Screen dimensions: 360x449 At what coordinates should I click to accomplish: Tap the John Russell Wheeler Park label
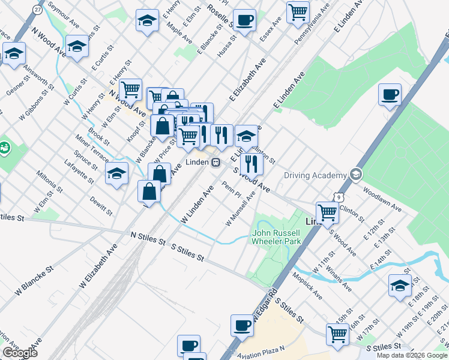click(x=276, y=236)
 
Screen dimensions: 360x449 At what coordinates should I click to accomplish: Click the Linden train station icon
click(x=214, y=162)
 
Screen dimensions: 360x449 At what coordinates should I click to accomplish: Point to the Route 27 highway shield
click(x=38, y=10)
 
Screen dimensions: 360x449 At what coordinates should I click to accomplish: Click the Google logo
click(x=20, y=353)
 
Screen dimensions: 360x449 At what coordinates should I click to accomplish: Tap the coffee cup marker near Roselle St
click(x=244, y=20)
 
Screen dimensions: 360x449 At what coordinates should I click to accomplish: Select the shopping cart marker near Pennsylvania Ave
click(x=298, y=12)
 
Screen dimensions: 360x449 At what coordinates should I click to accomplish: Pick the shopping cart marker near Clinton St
click(x=327, y=212)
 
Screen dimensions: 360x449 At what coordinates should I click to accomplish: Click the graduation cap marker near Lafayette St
click(x=117, y=174)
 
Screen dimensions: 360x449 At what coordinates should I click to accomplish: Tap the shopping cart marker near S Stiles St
click(x=338, y=335)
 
